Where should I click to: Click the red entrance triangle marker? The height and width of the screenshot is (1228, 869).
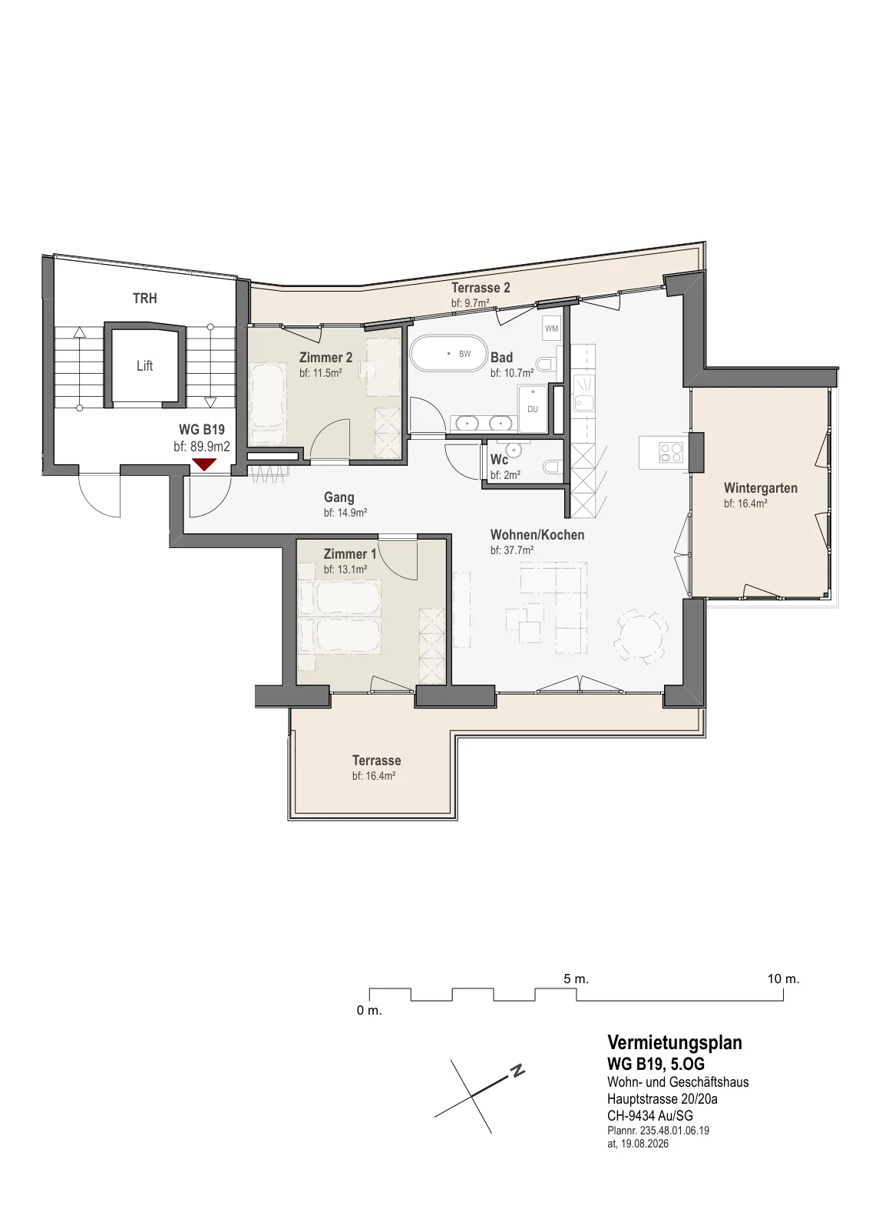coord(204,464)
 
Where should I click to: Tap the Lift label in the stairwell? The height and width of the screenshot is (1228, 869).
coord(145,365)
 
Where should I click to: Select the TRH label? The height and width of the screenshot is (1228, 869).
coord(145,299)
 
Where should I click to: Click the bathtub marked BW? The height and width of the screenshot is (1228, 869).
coord(448,354)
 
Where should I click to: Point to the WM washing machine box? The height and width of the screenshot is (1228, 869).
coord(551,328)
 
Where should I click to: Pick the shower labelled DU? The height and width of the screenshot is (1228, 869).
coord(532,408)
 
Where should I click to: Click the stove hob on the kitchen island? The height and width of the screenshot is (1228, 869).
coord(671,452)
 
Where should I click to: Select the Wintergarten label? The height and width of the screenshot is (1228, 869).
coord(761,488)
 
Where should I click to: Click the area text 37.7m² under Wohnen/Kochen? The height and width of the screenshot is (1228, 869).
coord(519,550)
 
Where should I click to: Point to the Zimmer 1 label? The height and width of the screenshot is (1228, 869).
coord(350,553)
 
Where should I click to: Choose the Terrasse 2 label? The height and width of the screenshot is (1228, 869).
coord(481,287)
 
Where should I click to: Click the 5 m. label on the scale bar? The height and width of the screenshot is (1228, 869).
coord(577,979)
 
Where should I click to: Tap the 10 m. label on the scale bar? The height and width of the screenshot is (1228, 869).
coord(784,979)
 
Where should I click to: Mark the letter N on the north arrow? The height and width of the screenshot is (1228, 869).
coord(517,1070)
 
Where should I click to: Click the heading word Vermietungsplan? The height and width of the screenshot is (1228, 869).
coord(675,1042)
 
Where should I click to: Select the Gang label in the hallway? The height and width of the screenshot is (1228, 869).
coord(339,497)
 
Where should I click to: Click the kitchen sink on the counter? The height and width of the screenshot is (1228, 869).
coord(584,403)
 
